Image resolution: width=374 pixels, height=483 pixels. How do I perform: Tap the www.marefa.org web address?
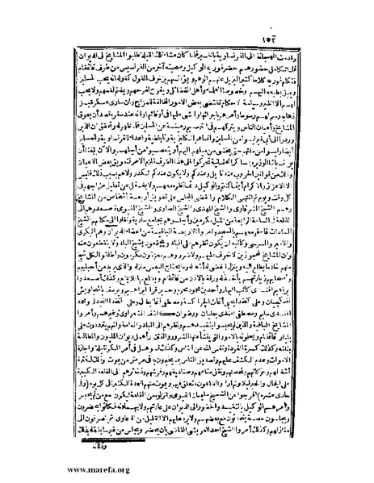tap(47, 469)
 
